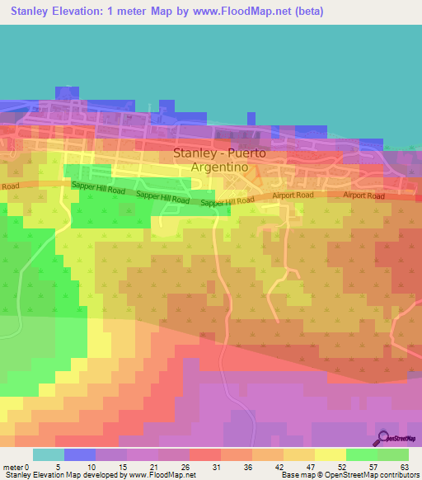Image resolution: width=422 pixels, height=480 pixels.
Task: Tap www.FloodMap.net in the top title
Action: (235, 12)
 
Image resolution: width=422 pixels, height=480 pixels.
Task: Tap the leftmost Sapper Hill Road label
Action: (98, 190)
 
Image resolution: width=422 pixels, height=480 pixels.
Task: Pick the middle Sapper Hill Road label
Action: (162, 198)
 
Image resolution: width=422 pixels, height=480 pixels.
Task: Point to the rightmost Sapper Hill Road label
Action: (227, 201)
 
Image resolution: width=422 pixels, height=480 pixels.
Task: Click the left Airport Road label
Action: (294, 195)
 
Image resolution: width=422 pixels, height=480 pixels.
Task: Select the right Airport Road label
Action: (363, 195)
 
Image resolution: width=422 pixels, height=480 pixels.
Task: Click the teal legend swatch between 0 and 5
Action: (49, 454)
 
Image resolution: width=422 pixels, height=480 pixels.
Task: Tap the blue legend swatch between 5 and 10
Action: (80, 454)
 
